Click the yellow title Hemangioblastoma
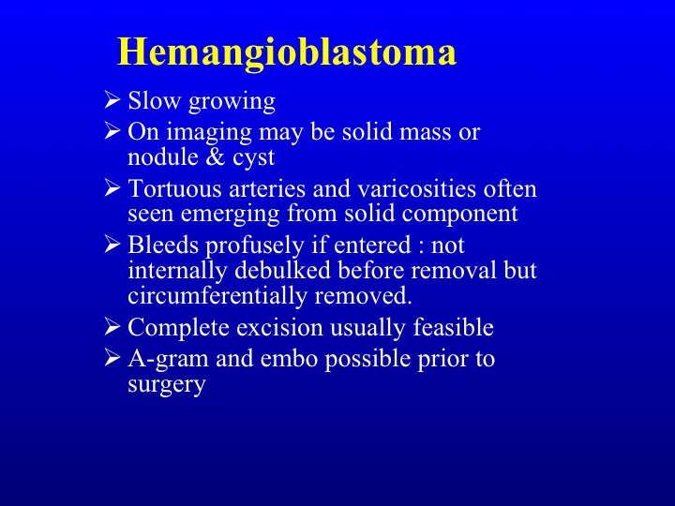pyautogui.click(x=287, y=53)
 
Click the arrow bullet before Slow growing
pyautogui.click(x=112, y=99)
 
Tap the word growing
pyautogui.click(x=232, y=102)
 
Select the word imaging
pyautogui.click(x=209, y=133)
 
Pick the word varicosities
pyautogui.click(x=416, y=188)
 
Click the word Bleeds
pyautogui.click(x=163, y=245)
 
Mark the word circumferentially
pyautogui.click(x=217, y=295)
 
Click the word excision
pyautogui.click(x=279, y=327)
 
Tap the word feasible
pyautogui.click(x=454, y=327)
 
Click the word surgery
pyautogui.click(x=167, y=385)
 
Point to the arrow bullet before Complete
pyautogui.click(x=112, y=327)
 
